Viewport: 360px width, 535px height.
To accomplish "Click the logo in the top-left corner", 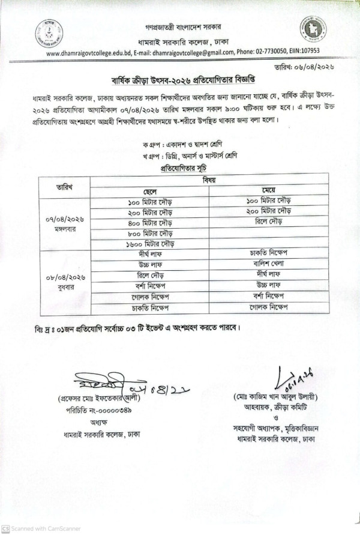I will (x=48, y=32).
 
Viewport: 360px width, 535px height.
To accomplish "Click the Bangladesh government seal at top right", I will (x=313, y=29).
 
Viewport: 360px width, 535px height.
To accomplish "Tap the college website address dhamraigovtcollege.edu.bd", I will (x=88, y=52).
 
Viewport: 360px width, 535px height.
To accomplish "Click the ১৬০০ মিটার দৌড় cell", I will (x=149, y=244).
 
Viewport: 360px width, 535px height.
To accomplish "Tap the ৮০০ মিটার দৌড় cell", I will (x=149, y=232).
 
